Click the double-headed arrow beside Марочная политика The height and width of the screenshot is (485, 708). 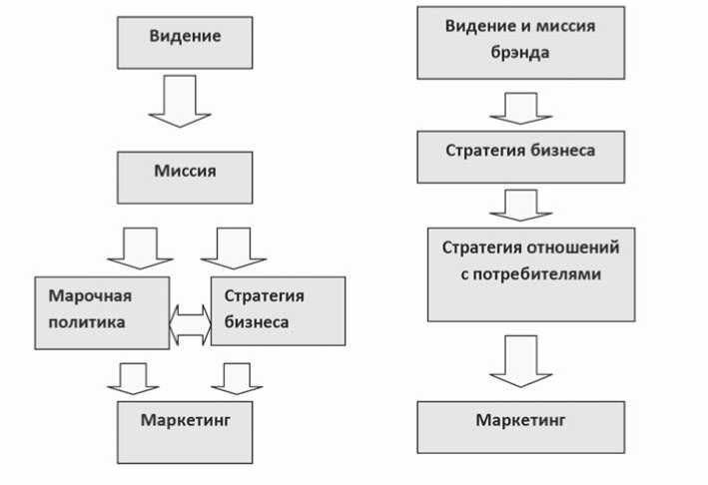pos(190,324)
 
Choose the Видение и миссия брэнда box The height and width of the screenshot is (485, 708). pos(519,42)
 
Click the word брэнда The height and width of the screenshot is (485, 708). pos(519,52)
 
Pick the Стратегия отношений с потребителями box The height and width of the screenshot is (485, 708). pos(531,273)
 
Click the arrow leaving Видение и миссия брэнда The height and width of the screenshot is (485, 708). pos(520,106)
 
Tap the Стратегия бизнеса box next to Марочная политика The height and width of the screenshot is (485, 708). pos(278,310)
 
